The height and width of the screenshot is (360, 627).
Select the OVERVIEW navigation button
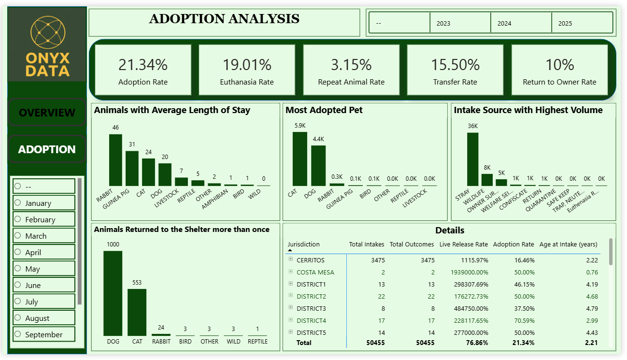pyautogui.click(x=47, y=113)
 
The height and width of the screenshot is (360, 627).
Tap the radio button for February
pyautogui.click(x=18, y=219)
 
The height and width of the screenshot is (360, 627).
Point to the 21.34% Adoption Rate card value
pyautogui.click(x=143, y=64)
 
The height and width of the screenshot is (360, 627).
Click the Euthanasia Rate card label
pyautogui.click(x=247, y=82)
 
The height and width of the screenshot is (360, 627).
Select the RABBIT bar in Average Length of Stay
pyautogui.click(x=115, y=159)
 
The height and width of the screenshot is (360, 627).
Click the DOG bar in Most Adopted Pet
pyautogui.click(x=318, y=165)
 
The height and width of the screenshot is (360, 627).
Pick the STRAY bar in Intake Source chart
pyautogui.click(x=472, y=159)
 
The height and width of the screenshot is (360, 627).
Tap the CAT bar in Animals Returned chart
pyautogui.click(x=137, y=312)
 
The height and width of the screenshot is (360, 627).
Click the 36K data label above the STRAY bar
pyautogui.click(x=472, y=126)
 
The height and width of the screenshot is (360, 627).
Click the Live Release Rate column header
pyautogui.click(x=464, y=244)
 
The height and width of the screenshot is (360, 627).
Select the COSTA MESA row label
pyautogui.click(x=315, y=272)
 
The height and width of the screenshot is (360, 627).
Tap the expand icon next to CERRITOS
pyautogui.click(x=291, y=259)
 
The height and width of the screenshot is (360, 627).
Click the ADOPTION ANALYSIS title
pyautogui.click(x=224, y=19)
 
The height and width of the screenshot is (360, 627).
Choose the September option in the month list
pyautogui.click(x=43, y=334)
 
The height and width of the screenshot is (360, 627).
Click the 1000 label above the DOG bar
pyautogui.click(x=113, y=245)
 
